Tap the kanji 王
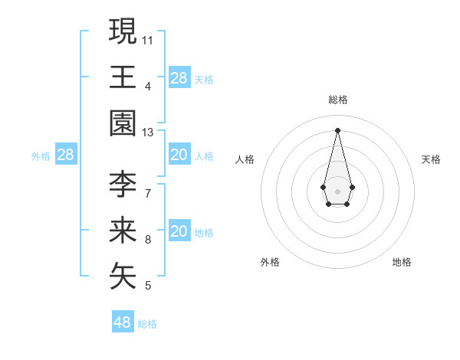[x=123, y=77]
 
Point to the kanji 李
[x=123, y=184]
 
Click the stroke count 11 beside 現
[x=148, y=39]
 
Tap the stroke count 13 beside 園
[x=148, y=133]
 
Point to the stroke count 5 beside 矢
[x=148, y=286]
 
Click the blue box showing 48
[x=123, y=322]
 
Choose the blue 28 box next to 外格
[x=66, y=155]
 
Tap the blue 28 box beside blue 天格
[x=179, y=77]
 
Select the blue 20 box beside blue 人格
[x=179, y=155]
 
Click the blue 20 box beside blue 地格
[x=179, y=231]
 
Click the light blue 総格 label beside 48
[x=147, y=324]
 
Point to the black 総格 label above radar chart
[x=337, y=100]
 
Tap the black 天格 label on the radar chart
[x=432, y=159]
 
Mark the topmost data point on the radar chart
[x=337, y=129]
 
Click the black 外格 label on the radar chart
[x=270, y=262]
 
